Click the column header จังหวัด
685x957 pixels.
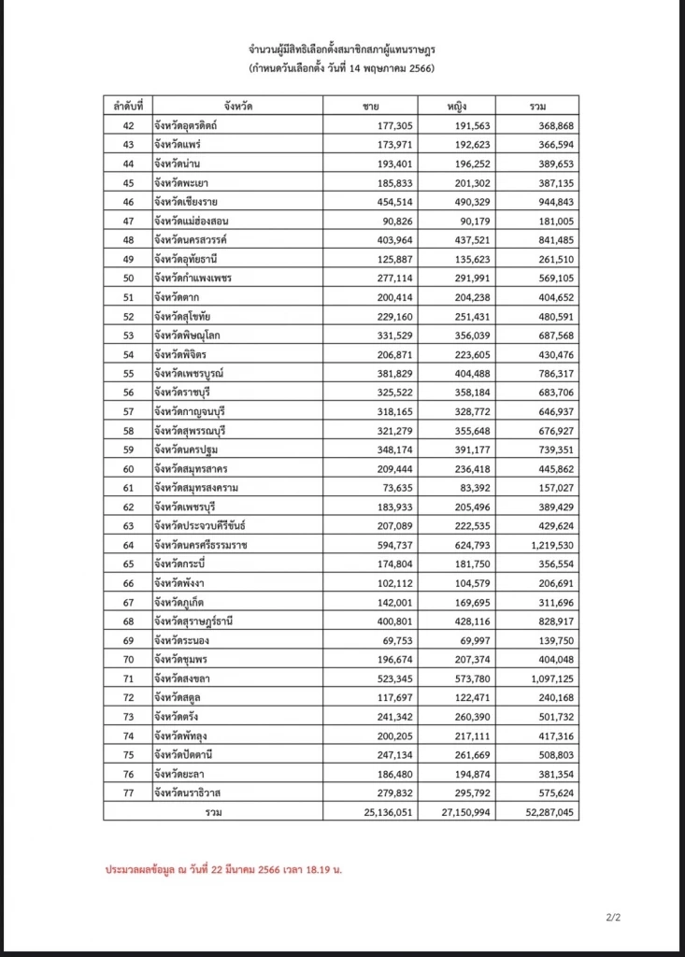tap(237, 106)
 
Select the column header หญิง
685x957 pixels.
tap(456, 106)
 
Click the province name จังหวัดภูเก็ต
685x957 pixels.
tap(187, 603)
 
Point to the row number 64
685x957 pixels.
tap(129, 545)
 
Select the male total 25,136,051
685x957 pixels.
tap(375, 812)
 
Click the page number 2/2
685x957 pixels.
tap(613, 919)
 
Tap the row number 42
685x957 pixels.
tap(129, 125)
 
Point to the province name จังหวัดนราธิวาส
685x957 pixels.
tap(194, 793)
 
